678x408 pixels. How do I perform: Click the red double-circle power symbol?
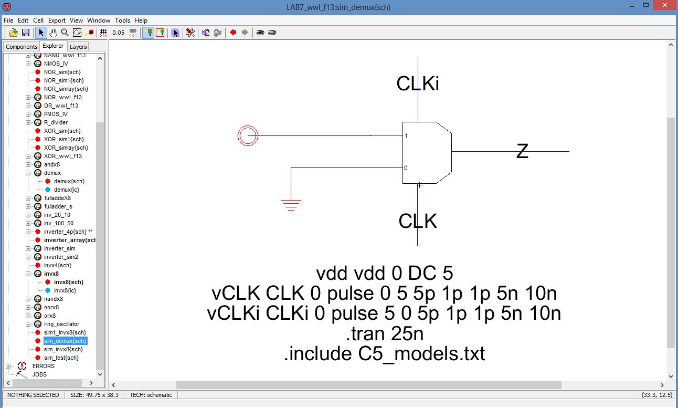(248, 136)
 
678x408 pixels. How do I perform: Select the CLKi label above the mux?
(418, 83)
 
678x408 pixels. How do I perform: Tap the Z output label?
(522, 151)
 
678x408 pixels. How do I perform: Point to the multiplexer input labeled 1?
(406, 136)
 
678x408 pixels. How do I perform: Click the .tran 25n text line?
(384, 333)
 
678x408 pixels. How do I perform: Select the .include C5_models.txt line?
(384, 353)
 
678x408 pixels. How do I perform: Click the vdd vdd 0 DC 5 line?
(384, 273)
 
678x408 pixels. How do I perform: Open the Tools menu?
(122, 20)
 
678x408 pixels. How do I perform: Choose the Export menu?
(57, 20)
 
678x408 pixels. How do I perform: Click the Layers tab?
(78, 47)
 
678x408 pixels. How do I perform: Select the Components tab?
(22, 47)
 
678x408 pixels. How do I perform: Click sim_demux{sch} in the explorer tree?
(65, 341)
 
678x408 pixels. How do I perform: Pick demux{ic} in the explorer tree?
(67, 190)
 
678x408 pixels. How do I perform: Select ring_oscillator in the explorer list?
(61, 324)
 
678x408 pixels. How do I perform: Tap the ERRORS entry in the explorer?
(43, 366)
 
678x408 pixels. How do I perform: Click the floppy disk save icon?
(25, 33)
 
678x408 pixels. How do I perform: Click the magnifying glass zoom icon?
(65, 33)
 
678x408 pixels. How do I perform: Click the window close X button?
(664, 7)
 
